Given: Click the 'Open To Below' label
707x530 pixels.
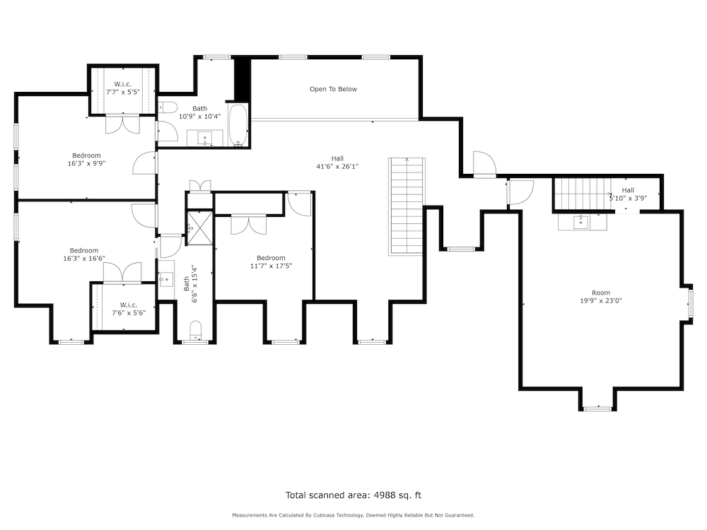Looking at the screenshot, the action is [x=333, y=89].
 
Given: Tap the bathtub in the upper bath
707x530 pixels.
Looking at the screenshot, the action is [x=238, y=125].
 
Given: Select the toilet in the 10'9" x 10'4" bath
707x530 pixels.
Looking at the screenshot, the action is [x=168, y=107].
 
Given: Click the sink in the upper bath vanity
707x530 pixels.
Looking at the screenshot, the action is [x=205, y=138].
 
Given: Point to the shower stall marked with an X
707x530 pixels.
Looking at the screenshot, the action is [x=199, y=228].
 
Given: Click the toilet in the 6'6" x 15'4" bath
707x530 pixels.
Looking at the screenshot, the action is [x=196, y=330].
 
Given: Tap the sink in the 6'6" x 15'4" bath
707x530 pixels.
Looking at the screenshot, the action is [x=166, y=279].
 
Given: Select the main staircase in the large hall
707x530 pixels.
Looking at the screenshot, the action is [x=407, y=206].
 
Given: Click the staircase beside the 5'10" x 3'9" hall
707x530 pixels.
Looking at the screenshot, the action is [x=582, y=194].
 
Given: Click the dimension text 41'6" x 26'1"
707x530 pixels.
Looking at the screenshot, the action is [x=337, y=166].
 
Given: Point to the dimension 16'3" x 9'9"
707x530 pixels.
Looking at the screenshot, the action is [x=86, y=164].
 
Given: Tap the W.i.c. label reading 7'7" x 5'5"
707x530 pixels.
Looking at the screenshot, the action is [x=123, y=91].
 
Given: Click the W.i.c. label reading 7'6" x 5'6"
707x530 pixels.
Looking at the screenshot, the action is [x=129, y=312].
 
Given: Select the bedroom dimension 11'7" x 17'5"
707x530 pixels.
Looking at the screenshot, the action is [x=271, y=266].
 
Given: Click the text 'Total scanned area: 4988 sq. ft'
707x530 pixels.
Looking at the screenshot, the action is [x=353, y=495].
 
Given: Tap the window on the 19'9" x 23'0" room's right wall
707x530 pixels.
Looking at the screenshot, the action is [x=690, y=303].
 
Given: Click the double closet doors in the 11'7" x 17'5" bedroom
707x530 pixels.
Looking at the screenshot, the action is [x=248, y=225].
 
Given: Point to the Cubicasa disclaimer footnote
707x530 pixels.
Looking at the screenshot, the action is [x=353, y=515].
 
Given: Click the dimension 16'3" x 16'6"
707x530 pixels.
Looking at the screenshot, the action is [x=84, y=259].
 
